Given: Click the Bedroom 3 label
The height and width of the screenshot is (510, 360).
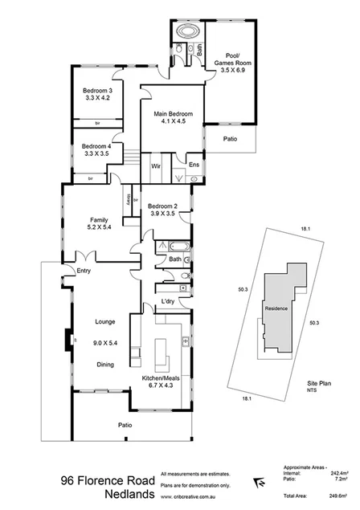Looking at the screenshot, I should click(x=96, y=92).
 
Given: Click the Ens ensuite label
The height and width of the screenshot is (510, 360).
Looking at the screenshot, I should click(x=194, y=165).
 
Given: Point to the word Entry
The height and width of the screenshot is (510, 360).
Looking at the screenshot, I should click(x=84, y=271).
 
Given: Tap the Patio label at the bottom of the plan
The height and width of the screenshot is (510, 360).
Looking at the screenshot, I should click(x=125, y=425).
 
